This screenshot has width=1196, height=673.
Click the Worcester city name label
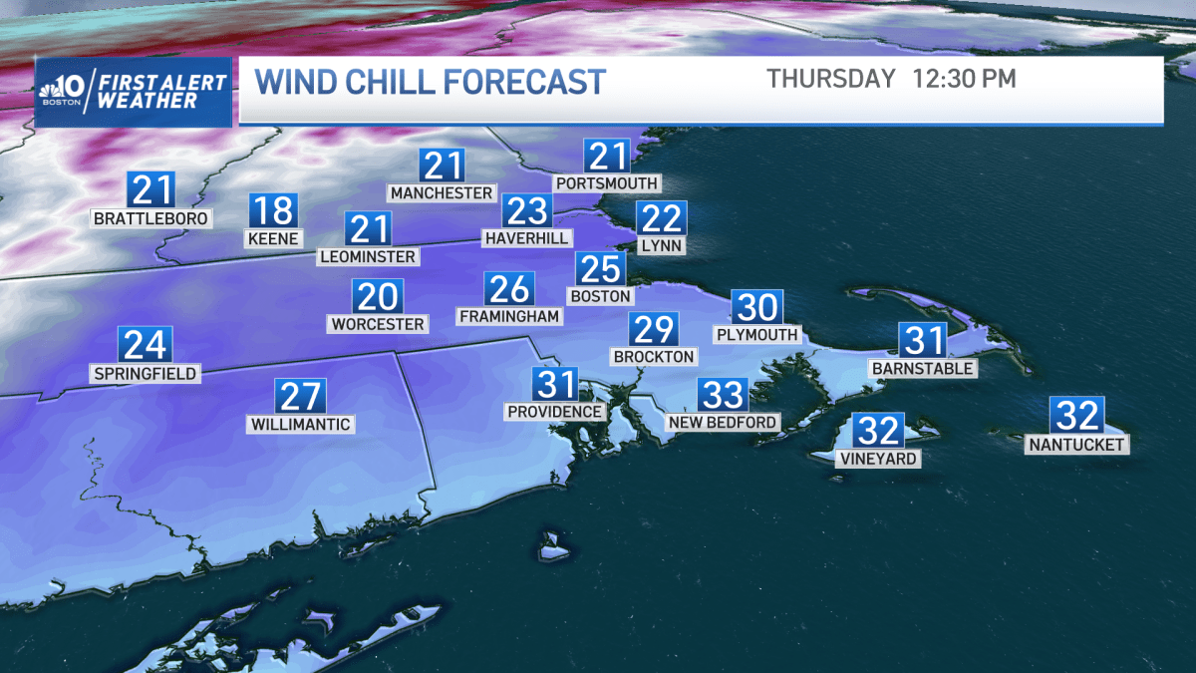click(x=378, y=324)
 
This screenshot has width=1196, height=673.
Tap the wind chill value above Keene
click(x=273, y=211)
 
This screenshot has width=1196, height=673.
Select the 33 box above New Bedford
click(x=723, y=395)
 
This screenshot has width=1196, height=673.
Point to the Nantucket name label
click(x=1077, y=445)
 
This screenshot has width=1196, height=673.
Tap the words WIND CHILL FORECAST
click(x=431, y=82)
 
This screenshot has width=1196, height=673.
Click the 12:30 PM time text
click(x=963, y=80)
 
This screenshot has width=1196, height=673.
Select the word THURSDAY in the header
click(x=831, y=80)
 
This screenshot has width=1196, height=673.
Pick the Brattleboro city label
click(x=151, y=218)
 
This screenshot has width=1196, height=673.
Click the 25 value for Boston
click(x=600, y=268)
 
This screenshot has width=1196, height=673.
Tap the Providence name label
click(x=555, y=412)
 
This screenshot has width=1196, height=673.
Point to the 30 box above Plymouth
click(x=756, y=307)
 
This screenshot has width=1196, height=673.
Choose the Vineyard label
click(x=878, y=459)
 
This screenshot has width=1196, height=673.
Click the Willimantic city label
click(x=301, y=425)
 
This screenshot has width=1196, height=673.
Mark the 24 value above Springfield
click(x=145, y=345)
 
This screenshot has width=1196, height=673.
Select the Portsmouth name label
click(x=607, y=183)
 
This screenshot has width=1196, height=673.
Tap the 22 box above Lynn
click(x=660, y=217)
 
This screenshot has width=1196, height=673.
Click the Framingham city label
click(x=509, y=316)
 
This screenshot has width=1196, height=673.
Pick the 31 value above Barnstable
click(x=922, y=341)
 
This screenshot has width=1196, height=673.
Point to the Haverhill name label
click(x=526, y=238)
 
